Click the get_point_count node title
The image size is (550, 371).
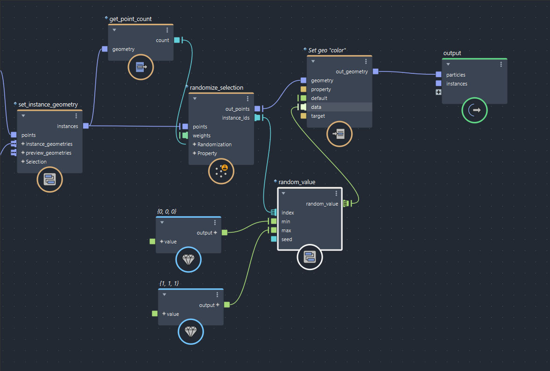coord(130,19)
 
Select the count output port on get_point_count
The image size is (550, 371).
coord(176,40)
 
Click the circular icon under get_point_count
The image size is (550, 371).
coord(141,67)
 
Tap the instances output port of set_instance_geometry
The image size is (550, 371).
coord(86,126)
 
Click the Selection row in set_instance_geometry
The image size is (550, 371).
coord(36,162)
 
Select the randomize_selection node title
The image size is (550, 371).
coord(216,88)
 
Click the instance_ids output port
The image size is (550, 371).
coord(257,118)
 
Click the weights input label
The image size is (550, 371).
coord(202,136)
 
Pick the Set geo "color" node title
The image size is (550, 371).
coord(327,50)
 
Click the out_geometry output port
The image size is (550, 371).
coord(375,71)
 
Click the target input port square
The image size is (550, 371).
coord(303,116)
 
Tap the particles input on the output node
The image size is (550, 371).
coord(438,75)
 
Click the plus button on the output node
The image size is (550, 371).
coord(438,92)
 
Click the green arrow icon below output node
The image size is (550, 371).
coord(474,110)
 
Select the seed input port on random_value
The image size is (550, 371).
coord(274,239)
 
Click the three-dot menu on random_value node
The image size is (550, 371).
coord(336,193)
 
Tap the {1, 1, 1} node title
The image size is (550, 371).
coord(169,284)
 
